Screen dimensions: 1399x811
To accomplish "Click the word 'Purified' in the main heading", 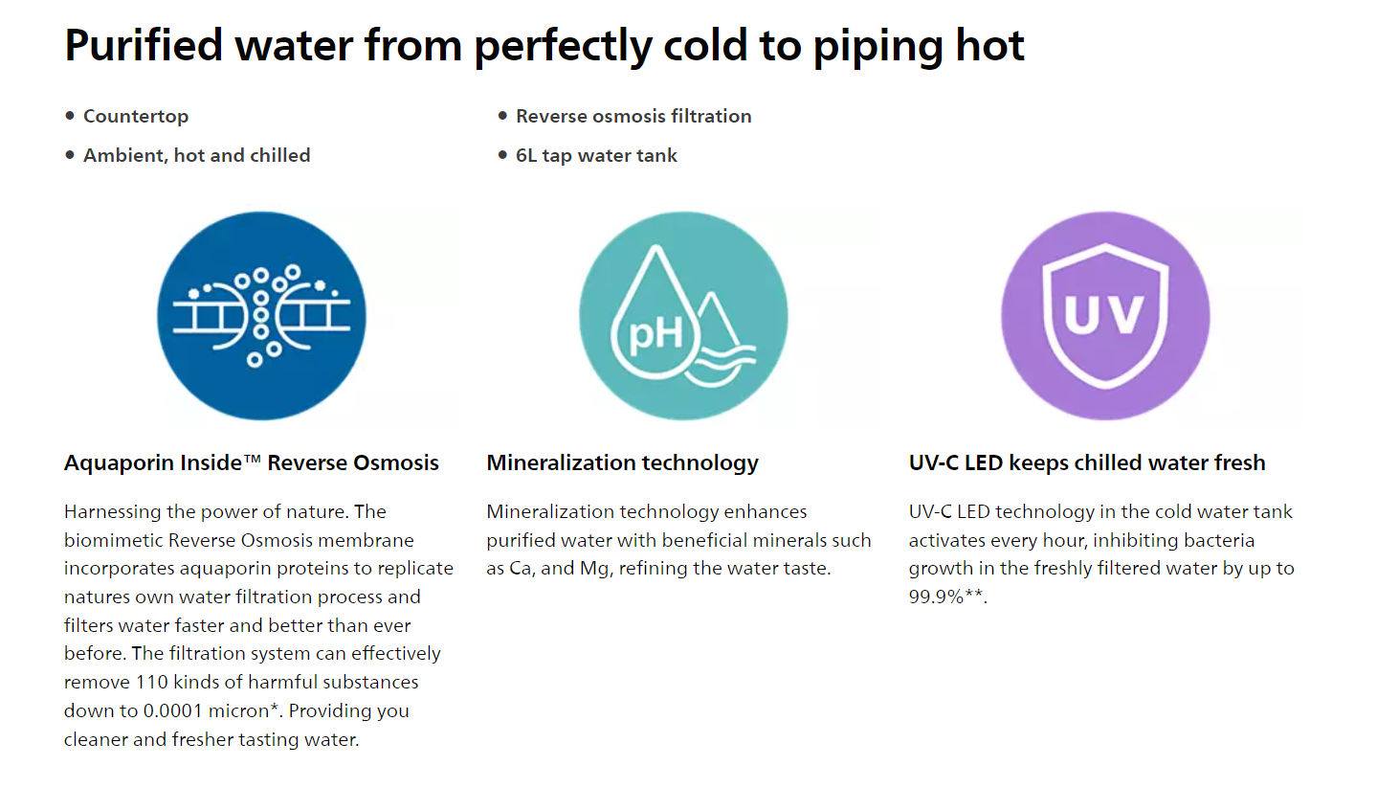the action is click(144, 45).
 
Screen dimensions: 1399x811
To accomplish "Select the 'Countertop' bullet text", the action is click(136, 117).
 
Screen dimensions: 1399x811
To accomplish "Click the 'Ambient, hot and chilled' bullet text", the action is click(197, 155).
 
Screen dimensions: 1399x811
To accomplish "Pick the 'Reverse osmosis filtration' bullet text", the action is click(633, 116).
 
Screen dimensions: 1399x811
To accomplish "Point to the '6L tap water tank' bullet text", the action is click(596, 155).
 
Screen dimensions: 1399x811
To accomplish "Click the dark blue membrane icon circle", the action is click(261, 316).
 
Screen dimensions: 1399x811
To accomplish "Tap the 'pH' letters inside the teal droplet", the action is click(655, 333).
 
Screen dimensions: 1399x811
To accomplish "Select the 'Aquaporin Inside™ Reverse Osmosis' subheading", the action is click(251, 463).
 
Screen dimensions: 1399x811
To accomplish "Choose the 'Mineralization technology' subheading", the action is click(622, 463).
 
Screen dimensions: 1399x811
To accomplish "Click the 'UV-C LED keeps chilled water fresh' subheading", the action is click(1087, 463).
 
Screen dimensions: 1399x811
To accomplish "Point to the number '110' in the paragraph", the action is click(152, 682).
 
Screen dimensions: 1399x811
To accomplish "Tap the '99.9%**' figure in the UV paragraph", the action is click(946, 597).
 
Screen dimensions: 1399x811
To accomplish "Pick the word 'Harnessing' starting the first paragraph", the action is click(112, 512).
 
